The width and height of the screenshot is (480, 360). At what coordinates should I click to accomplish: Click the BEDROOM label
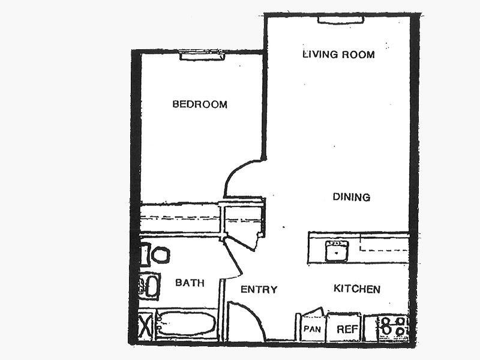point(200,104)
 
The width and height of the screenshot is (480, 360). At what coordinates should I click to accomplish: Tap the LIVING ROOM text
point(338,55)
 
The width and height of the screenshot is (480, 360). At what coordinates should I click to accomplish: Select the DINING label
point(352,197)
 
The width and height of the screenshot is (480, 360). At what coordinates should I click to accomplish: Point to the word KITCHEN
point(357,289)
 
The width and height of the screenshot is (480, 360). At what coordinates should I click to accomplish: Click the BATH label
point(190,283)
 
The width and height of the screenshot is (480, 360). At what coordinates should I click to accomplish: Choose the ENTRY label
point(259,290)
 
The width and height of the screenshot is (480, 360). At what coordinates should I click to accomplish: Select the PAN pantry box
point(311,329)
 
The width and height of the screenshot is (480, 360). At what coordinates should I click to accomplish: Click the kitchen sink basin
point(338,251)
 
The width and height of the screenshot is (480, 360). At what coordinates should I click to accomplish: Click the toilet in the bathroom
point(159,254)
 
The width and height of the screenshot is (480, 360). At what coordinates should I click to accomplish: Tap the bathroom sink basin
point(150,286)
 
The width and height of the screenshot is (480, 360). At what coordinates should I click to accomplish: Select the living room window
point(340,20)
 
